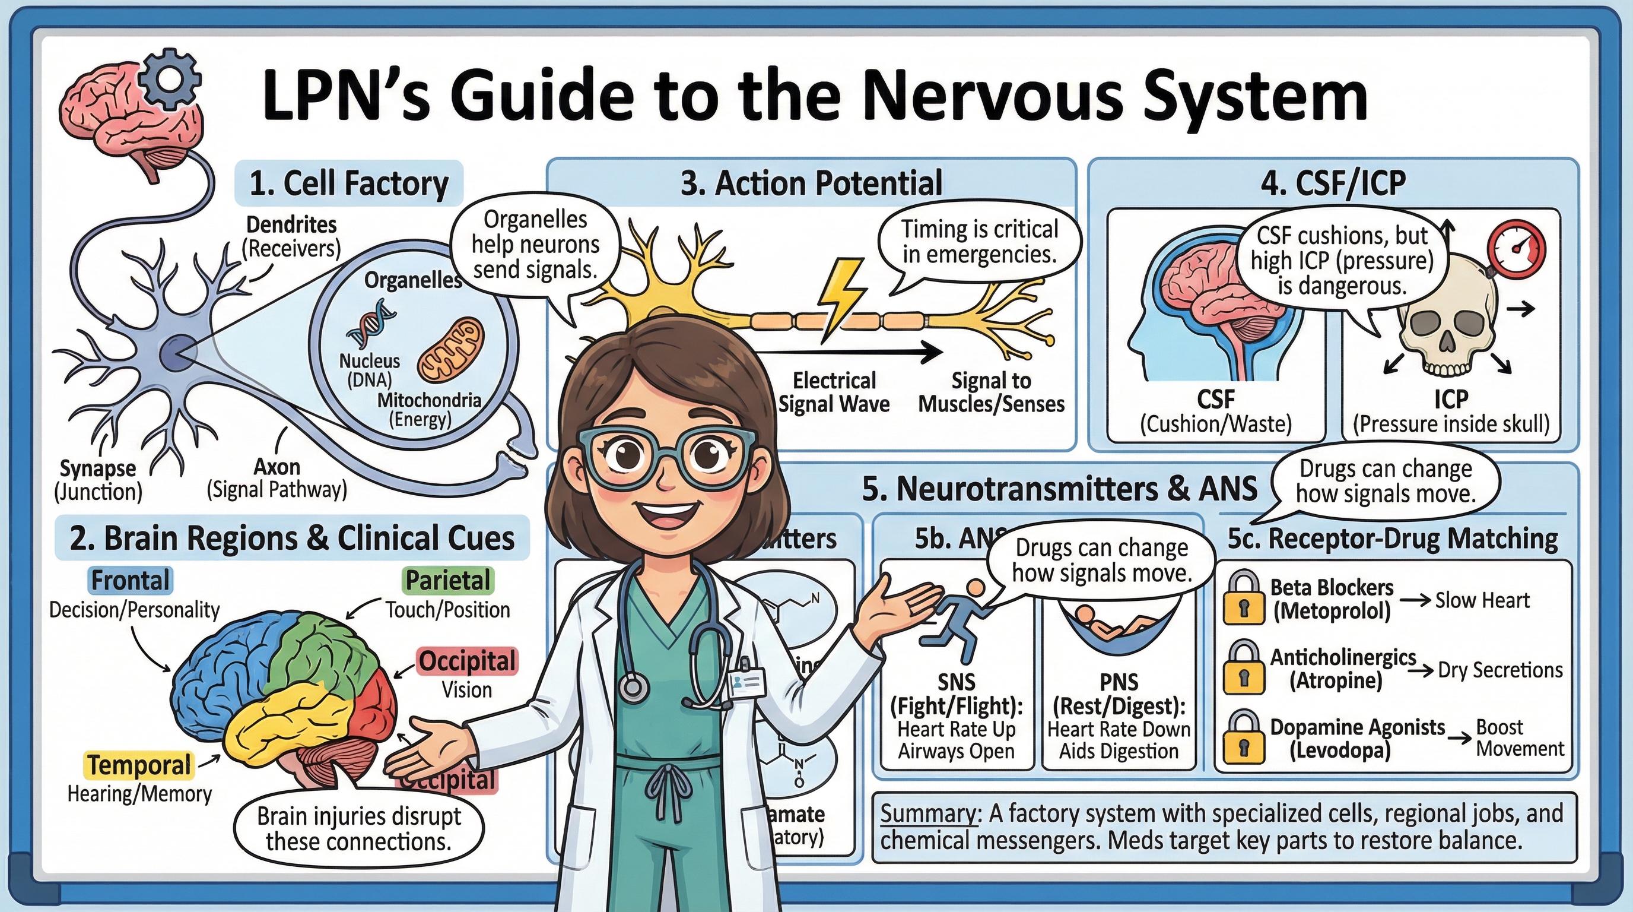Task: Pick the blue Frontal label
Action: point(131,580)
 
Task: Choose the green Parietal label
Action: point(448,580)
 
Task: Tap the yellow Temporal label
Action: point(139,765)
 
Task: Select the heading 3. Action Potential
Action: point(811,183)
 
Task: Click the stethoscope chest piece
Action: point(632,688)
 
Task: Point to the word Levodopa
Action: point(1339,751)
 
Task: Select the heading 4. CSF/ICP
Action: point(1333,183)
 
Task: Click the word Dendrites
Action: point(291,224)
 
